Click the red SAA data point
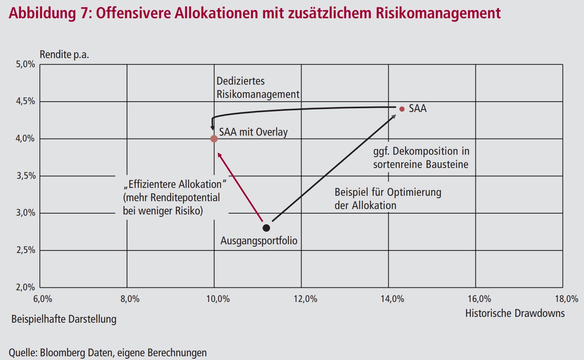401,109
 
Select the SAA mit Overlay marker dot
214,139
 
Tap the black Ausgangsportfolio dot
266,228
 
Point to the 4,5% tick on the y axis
26,102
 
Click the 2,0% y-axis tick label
26,287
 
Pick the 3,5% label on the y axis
26,176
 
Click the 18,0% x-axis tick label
566,299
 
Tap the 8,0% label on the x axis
130,299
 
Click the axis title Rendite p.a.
64,55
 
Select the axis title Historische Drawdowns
515,313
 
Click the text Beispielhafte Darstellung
64,319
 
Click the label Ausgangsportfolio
259,241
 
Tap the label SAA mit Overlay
253,132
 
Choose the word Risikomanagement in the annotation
258,94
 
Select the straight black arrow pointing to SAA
334,168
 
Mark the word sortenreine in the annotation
397,164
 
